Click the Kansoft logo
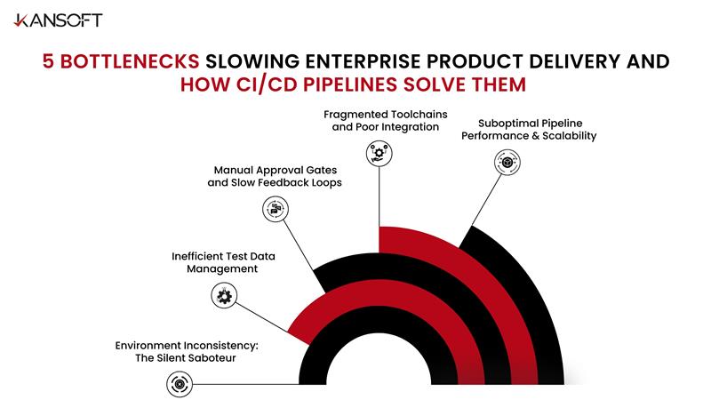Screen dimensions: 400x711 click(56, 20)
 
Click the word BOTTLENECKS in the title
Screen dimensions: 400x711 click(129, 61)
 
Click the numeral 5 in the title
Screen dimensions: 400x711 click(51, 61)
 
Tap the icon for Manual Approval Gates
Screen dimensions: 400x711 click(276, 210)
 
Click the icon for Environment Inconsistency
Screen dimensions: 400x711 click(179, 384)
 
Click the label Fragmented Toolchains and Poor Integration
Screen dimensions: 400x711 click(385, 121)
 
